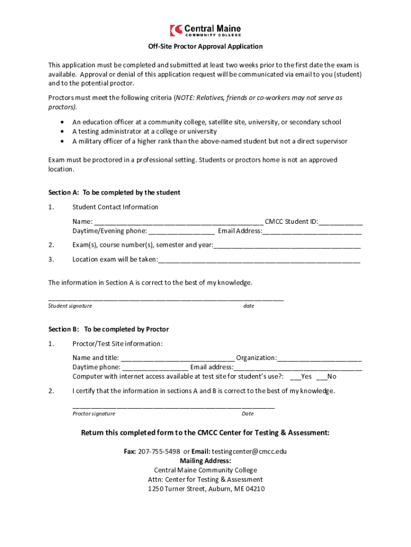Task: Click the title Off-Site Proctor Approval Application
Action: coord(205,46)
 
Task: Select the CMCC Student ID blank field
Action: coord(341,222)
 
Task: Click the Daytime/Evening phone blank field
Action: coord(181,231)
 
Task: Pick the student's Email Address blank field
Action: coord(312,231)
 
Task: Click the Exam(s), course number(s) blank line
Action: coord(287,245)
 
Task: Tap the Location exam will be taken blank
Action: coord(259,260)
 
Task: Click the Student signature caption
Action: coord(70,306)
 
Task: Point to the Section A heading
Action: coord(114,192)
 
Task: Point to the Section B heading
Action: coord(108,329)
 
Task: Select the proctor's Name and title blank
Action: coord(178,358)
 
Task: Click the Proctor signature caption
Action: coord(93,414)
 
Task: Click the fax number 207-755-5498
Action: coord(159,451)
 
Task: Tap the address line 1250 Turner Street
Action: coord(205,489)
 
